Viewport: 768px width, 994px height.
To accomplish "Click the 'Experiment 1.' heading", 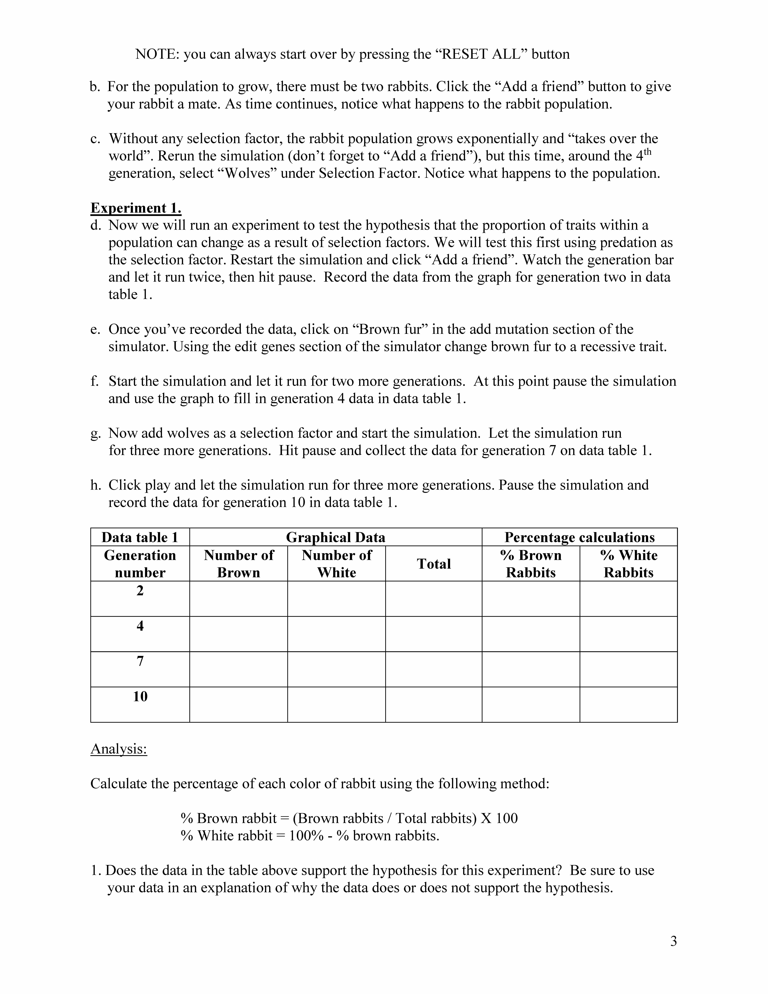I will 136,208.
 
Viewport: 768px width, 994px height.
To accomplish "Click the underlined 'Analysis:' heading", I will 119,749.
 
